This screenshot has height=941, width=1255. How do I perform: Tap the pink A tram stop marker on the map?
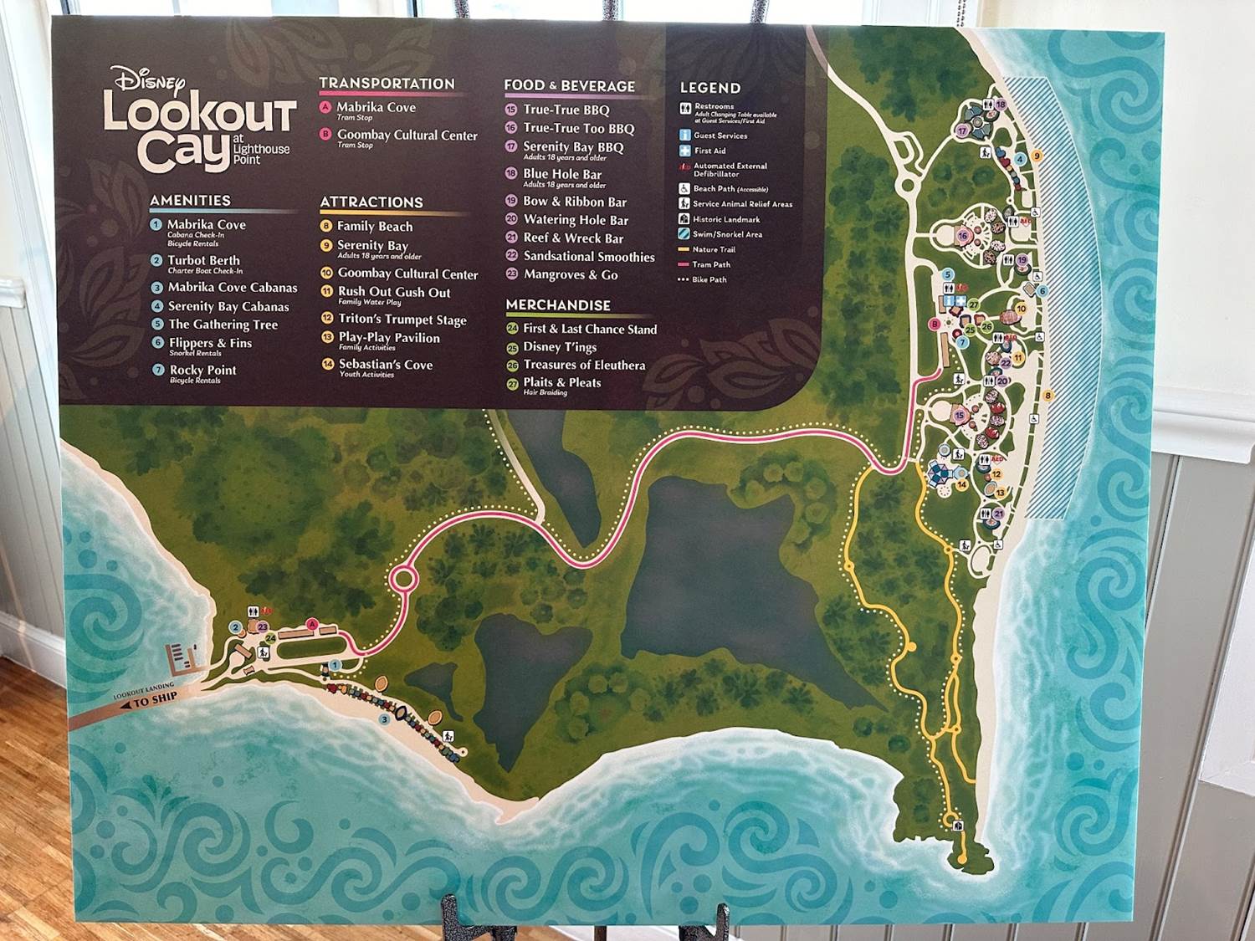[312, 623]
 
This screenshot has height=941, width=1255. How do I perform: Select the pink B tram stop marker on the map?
[935, 325]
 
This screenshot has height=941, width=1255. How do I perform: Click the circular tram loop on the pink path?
[402, 578]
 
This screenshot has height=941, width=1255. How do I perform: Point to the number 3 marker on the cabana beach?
[384, 719]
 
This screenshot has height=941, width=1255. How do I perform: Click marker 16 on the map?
[963, 237]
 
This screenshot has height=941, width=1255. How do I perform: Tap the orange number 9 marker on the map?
[1037, 156]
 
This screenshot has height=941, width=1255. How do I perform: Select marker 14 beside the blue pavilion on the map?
[962, 485]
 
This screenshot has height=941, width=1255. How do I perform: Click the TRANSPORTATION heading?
[387, 84]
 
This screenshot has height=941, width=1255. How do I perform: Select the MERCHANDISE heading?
[558, 305]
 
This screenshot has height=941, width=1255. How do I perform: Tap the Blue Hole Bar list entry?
[562, 174]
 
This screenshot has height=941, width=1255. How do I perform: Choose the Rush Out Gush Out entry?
[394, 292]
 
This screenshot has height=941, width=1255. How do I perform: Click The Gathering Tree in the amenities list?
[223, 325]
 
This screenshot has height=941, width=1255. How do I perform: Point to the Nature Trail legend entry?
[714, 249]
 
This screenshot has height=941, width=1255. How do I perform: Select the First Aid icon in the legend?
[684, 151]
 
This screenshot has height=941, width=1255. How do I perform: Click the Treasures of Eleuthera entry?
[584, 365]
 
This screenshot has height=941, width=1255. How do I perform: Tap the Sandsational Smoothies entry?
[589, 257]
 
